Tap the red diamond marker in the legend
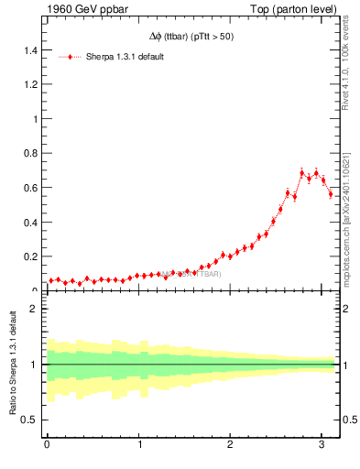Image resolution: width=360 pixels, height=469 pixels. (x=71, y=57)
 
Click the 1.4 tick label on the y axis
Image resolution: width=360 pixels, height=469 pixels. (x=29, y=50)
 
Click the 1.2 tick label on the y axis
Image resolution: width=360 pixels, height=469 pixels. (x=29, y=85)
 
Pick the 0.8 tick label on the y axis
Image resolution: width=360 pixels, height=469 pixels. (x=29, y=154)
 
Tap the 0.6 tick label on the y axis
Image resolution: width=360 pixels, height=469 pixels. (x=29, y=189)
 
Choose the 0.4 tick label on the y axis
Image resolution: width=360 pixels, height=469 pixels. (x=29, y=223)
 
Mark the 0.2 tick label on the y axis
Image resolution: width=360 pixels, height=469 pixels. (x=29, y=257)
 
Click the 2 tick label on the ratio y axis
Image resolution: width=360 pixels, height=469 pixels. (x=34, y=309)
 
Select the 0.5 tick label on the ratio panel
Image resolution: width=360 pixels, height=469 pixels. (x=29, y=420)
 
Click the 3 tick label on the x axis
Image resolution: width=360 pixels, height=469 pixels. (x=322, y=445)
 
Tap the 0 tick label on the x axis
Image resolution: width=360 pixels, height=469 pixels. (x=47, y=445)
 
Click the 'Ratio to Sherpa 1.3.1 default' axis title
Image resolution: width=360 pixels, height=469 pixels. (x=12, y=365)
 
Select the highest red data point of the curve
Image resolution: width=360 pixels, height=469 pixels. (x=302, y=172)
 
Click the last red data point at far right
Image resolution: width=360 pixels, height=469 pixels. (x=331, y=194)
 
